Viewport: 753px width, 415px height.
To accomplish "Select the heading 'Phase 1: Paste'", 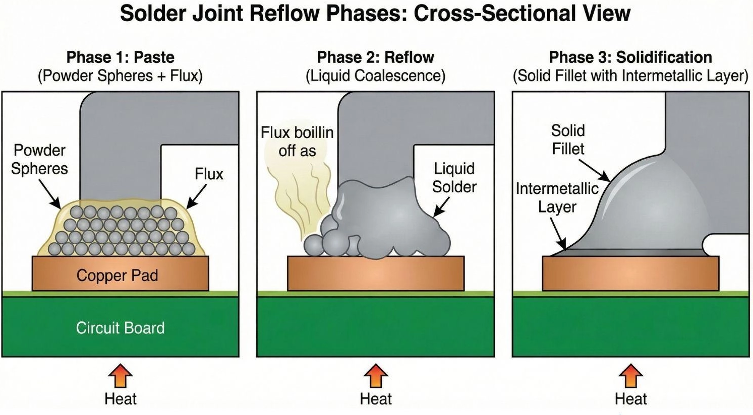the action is pos(121,57).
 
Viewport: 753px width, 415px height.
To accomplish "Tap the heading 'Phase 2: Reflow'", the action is pos(376,57).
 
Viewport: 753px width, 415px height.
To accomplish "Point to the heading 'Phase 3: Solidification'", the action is pos(630,57).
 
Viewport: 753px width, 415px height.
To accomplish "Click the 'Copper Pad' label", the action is pos(117,275).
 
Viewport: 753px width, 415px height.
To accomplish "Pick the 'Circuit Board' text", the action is pos(120,328).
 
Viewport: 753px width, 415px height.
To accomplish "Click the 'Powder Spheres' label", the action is pos(39,159).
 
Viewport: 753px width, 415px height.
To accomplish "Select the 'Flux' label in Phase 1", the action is pos(209,174).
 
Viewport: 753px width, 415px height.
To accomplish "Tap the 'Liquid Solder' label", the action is pos(454,178).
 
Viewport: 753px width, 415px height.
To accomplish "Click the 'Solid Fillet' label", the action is pos(568,140).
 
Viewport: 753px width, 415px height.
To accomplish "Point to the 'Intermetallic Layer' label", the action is pos(557,197).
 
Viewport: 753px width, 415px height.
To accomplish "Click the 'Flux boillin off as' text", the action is pos(297,142).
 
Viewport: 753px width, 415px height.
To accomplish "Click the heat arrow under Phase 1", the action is pos(120,375).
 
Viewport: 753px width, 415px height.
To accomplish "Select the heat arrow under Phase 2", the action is pos(376,375).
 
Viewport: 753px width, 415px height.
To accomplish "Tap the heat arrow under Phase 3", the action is pos(630,375).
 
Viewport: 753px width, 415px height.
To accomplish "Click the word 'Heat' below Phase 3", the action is pos(630,399).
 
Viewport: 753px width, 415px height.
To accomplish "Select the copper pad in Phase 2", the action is pos(376,273).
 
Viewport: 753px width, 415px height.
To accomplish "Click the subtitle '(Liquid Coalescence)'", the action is pos(376,76).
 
